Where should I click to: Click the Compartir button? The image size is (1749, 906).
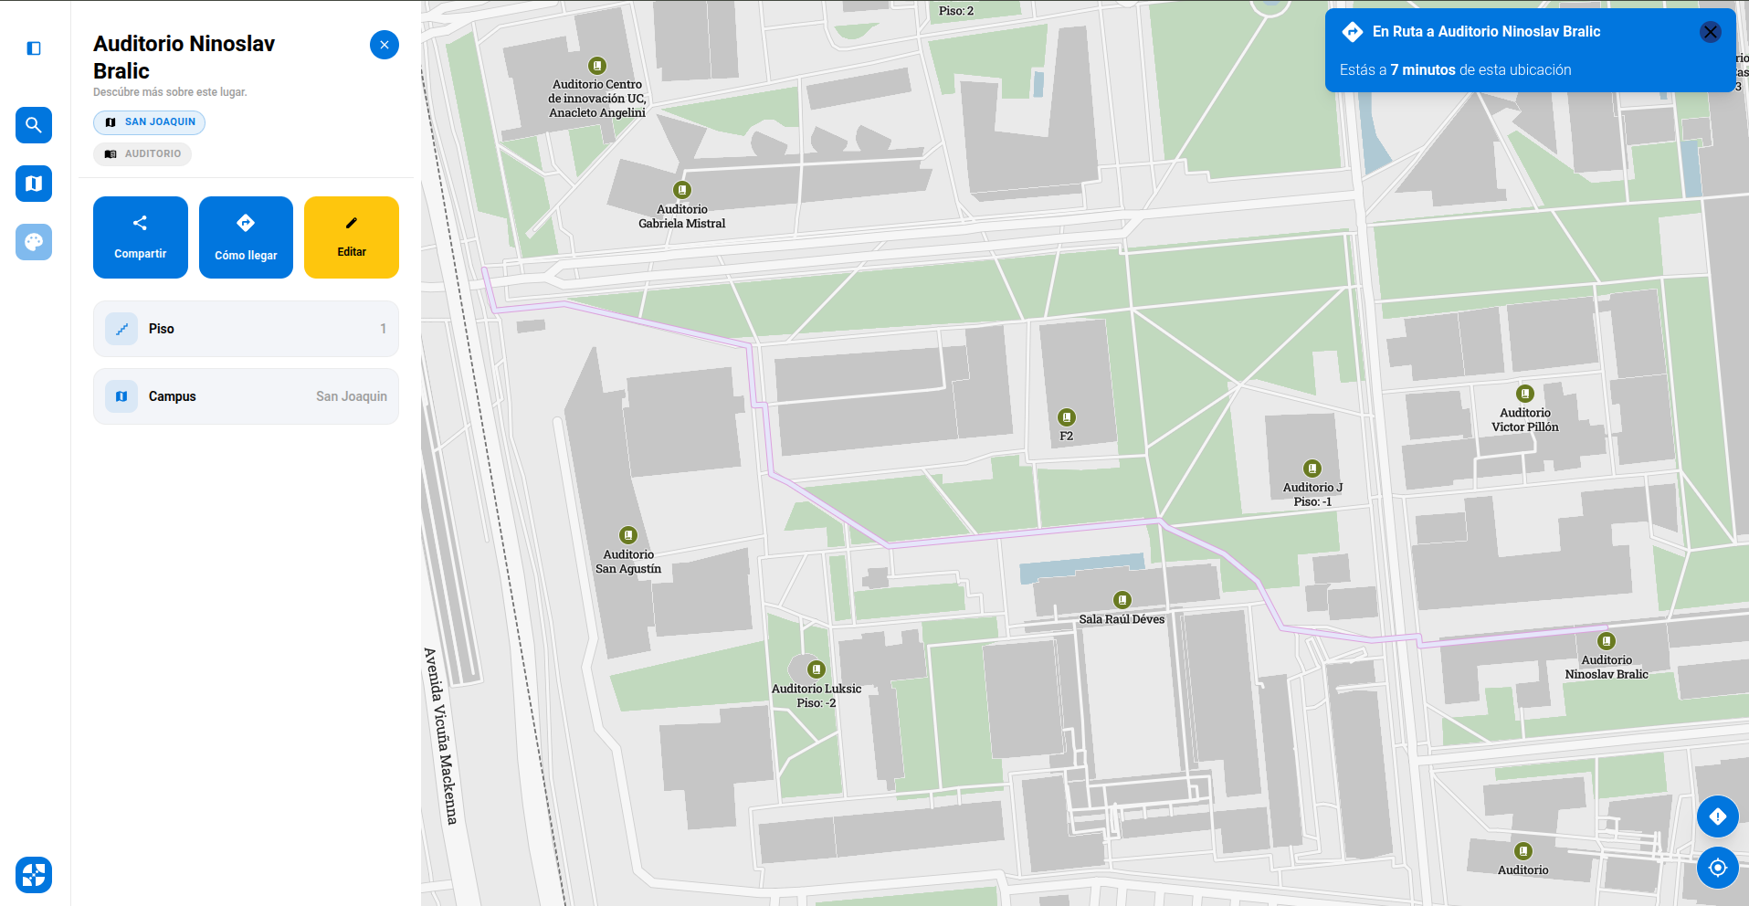coord(140,237)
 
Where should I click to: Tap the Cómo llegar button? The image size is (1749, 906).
coord(246,237)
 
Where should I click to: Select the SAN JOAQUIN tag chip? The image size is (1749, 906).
coord(149,122)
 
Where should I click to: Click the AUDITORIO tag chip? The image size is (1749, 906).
coord(142,154)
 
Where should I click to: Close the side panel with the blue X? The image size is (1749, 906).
coord(384,45)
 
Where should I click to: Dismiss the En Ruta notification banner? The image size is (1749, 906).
coord(1710,32)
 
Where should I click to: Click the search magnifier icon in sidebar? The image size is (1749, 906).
coord(34,125)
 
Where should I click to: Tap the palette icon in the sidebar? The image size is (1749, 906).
coord(34,242)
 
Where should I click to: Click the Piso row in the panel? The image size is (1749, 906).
coord(246,329)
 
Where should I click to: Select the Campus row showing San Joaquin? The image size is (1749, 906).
coord(246,396)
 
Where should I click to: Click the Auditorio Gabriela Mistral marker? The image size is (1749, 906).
coord(682,190)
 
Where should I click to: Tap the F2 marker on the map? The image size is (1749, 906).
coord(1066,417)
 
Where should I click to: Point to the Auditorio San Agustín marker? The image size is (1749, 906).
coord(628,535)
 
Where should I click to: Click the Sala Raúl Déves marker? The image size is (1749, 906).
coord(1122,600)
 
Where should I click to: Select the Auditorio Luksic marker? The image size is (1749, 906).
coord(817,669)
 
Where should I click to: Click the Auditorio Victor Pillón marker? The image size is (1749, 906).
coord(1525,394)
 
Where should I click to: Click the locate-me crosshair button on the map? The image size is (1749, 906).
coord(1717,868)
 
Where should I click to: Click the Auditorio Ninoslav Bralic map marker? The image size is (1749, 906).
coord(1607,641)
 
